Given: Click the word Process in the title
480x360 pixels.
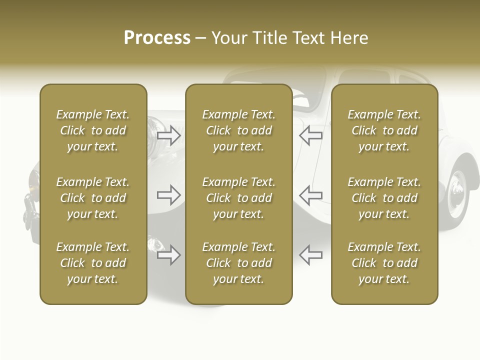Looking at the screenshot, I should pyautogui.click(x=157, y=37).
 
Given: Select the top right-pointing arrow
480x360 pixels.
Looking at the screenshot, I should pyautogui.click(x=169, y=135).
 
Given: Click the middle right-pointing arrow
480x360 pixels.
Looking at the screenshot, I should pyautogui.click(x=169, y=194).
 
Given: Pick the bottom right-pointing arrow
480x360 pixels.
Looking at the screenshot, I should pyautogui.click(x=169, y=255).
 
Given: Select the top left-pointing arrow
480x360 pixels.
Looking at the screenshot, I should pyautogui.click(x=310, y=135).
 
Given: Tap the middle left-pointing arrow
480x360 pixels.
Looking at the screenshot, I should pyautogui.click(x=310, y=194).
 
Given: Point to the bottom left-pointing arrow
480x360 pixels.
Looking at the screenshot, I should pyautogui.click(x=310, y=255).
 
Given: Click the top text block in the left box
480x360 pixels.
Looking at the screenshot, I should pyautogui.click(x=93, y=130).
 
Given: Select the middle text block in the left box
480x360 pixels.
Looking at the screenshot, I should pyautogui.click(x=93, y=198).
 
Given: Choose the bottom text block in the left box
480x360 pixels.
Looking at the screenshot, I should pyautogui.click(x=93, y=263).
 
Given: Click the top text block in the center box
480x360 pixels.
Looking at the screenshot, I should pyautogui.click(x=239, y=130).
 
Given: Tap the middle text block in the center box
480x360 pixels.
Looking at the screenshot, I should pyautogui.click(x=239, y=198).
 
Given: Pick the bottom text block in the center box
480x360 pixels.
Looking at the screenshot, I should pyautogui.click(x=239, y=263).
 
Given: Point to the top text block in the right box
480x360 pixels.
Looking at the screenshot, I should pyautogui.click(x=384, y=130).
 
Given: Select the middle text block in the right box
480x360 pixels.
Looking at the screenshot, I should pyautogui.click(x=384, y=198).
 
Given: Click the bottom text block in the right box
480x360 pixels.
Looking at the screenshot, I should pyautogui.click(x=384, y=263).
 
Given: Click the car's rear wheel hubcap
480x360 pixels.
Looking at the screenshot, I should pyautogui.click(x=457, y=192).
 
